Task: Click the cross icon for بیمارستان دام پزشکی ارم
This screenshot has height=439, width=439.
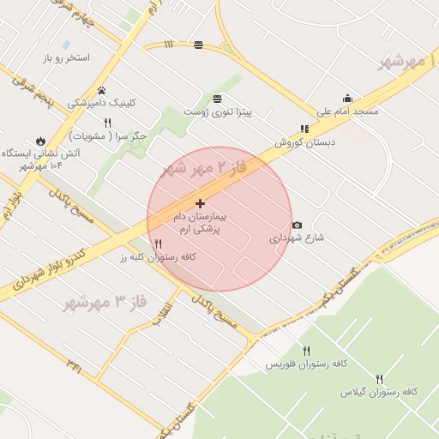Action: pyautogui.click(x=200, y=203)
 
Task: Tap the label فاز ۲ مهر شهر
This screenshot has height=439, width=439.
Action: pyautogui.click(x=204, y=167)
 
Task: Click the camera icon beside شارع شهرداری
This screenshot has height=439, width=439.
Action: pyautogui.click(x=297, y=225)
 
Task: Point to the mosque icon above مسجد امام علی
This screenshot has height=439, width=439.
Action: pyautogui.click(x=347, y=98)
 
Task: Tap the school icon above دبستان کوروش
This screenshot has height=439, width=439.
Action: pyautogui.click(x=304, y=129)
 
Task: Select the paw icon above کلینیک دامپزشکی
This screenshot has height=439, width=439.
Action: pyautogui.click(x=102, y=90)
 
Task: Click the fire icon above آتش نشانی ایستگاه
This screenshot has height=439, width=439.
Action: pyautogui.click(x=40, y=141)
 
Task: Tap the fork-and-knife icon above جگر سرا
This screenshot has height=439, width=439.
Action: pyautogui.click(x=107, y=123)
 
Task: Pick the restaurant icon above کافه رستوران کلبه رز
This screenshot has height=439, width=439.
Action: pyautogui.click(x=158, y=244)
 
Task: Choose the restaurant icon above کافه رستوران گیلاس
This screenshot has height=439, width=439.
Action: pyautogui.click(x=379, y=378)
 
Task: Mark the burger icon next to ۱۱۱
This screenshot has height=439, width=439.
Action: pyautogui.click(x=199, y=45)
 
